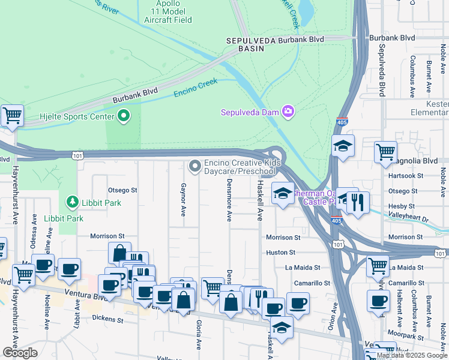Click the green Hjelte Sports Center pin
tap(124, 115)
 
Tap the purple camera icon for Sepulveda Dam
tap(289, 112)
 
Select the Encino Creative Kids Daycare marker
tap(195, 165)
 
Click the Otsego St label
tap(122, 190)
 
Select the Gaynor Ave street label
tap(183, 200)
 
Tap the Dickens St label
tap(108, 320)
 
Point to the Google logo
tap(20, 353)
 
